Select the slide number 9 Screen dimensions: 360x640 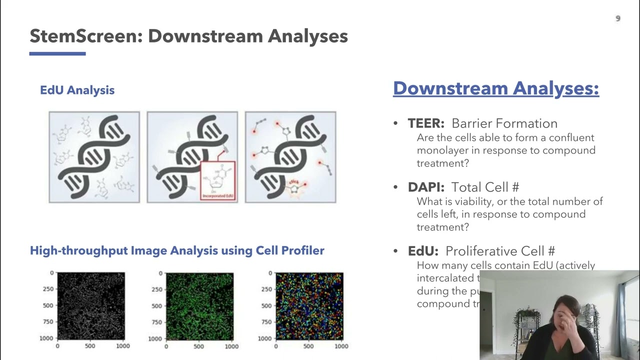click(x=618, y=18)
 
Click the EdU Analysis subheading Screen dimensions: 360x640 click(x=77, y=90)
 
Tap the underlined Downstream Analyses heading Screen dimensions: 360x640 click(x=495, y=88)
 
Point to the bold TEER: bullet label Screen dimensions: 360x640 click(x=426, y=123)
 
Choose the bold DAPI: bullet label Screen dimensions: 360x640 click(x=426, y=187)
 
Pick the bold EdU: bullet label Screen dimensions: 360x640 click(x=423, y=251)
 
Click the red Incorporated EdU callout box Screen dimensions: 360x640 click(x=217, y=180)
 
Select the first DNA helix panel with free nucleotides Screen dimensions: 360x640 click(x=94, y=157)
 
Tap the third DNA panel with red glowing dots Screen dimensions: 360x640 click(x=290, y=157)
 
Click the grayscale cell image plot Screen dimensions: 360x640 click(x=90, y=306)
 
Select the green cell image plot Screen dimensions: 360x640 click(x=199, y=306)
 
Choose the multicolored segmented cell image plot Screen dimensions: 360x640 click(x=309, y=306)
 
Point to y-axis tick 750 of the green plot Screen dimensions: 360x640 click(x=157, y=322)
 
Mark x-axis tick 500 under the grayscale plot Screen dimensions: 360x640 click(x=90, y=346)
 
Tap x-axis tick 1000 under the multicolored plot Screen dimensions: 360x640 click(x=341, y=346)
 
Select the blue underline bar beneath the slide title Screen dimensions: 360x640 click(x=57, y=53)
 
